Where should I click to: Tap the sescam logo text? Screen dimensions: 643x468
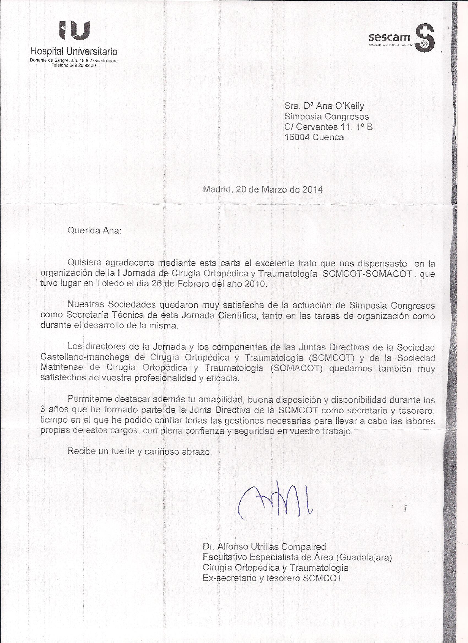point(389,37)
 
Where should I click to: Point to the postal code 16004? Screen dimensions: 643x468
point(297,137)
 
